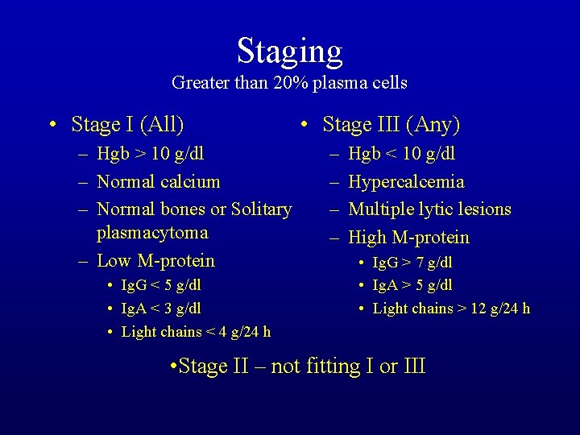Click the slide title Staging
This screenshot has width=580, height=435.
(x=289, y=51)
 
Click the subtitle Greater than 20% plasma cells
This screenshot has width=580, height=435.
(x=289, y=83)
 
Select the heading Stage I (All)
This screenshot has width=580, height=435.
(x=127, y=125)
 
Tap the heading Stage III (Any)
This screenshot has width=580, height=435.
(x=391, y=125)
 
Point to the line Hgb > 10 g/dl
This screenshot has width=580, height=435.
(x=150, y=154)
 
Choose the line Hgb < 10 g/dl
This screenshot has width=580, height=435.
(x=401, y=154)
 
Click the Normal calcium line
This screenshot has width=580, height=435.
(x=158, y=181)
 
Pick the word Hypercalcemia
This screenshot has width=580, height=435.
(x=406, y=181)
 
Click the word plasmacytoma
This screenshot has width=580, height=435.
(x=152, y=233)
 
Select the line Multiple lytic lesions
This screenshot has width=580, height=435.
(x=429, y=209)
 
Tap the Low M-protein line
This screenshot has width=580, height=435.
(x=155, y=260)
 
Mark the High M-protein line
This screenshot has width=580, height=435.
(x=408, y=238)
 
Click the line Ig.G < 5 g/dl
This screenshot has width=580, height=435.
(x=161, y=285)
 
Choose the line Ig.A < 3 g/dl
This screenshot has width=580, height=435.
(x=161, y=309)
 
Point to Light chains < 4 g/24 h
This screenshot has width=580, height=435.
(x=196, y=332)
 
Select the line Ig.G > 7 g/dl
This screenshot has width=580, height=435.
(x=412, y=263)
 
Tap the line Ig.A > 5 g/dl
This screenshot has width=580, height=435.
(x=412, y=285)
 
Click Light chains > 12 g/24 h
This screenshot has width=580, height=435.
(x=451, y=309)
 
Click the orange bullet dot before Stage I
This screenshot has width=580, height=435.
(x=52, y=126)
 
